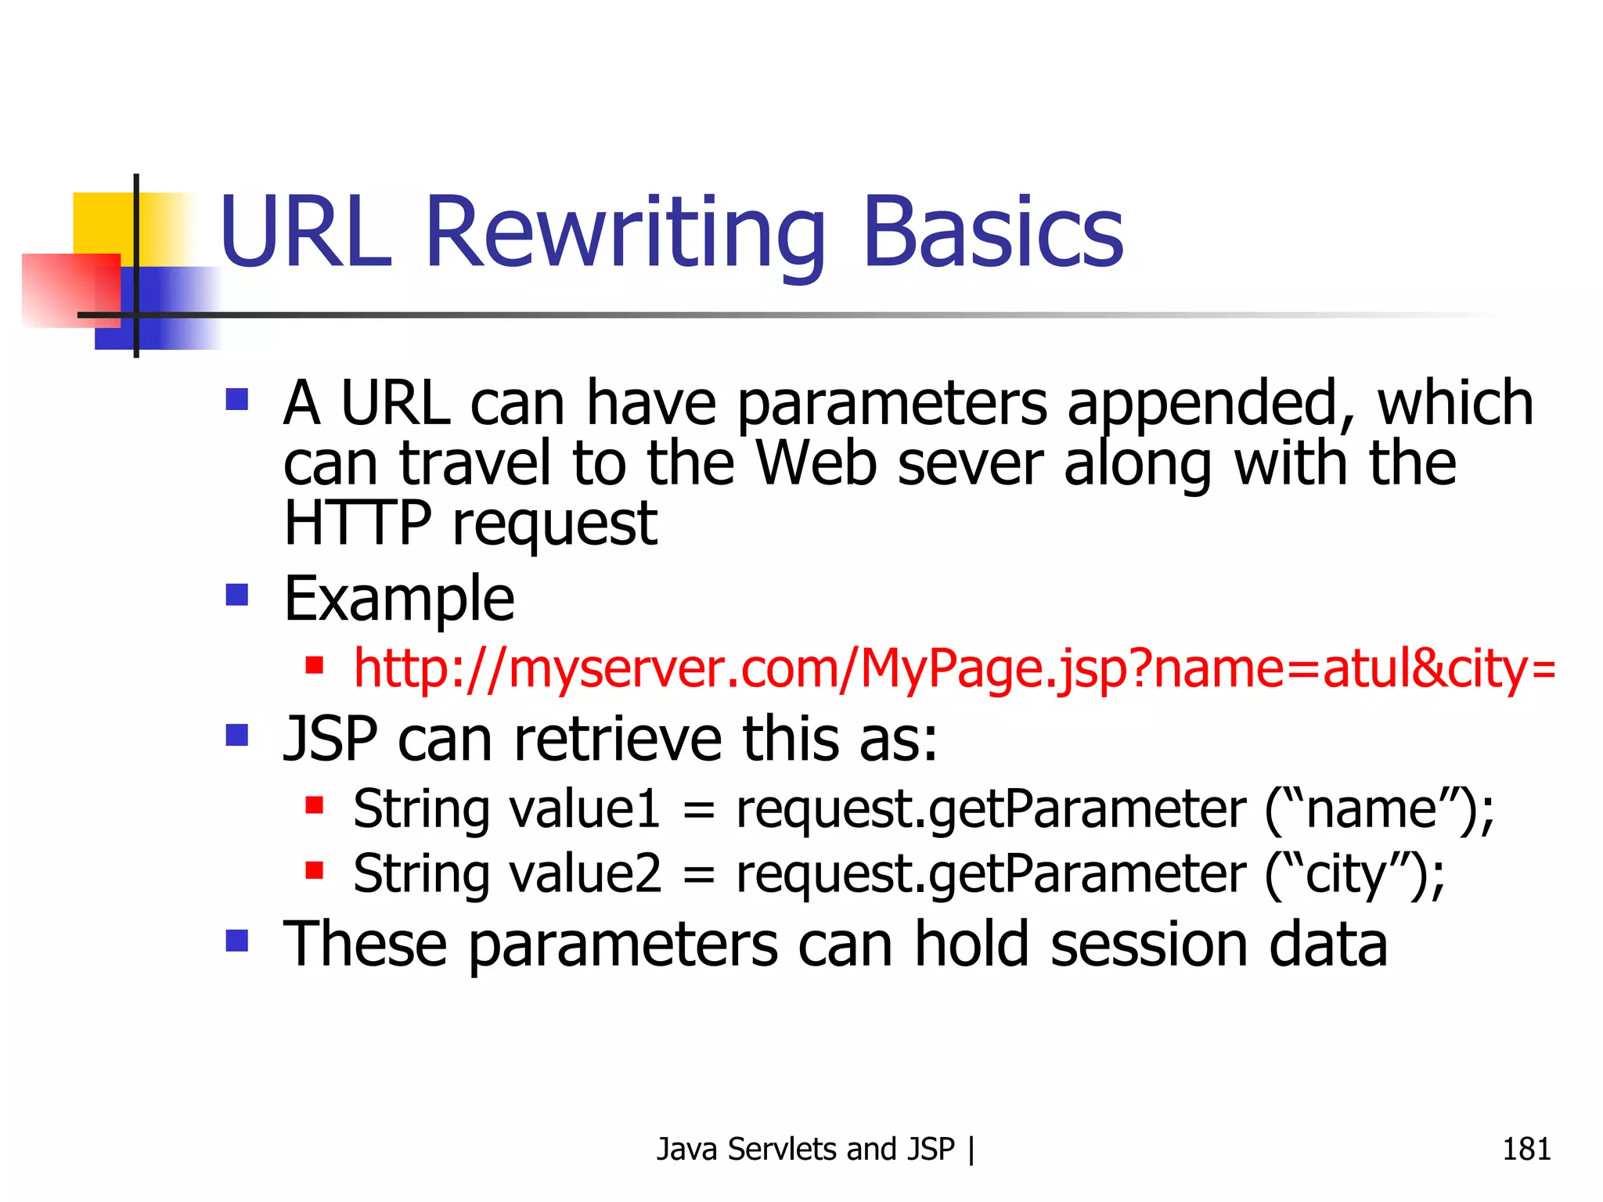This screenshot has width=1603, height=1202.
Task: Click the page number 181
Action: [x=1526, y=1149]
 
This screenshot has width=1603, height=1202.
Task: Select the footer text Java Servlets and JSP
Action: [x=805, y=1149]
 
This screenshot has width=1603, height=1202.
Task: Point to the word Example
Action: [x=398, y=599]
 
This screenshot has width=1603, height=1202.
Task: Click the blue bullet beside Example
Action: [x=236, y=596]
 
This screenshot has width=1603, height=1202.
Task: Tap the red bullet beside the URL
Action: [x=315, y=666]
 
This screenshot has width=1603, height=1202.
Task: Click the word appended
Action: [x=1210, y=404]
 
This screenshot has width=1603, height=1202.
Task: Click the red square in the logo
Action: [x=70, y=290]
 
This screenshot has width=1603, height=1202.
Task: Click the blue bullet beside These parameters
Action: [x=236, y=940]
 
